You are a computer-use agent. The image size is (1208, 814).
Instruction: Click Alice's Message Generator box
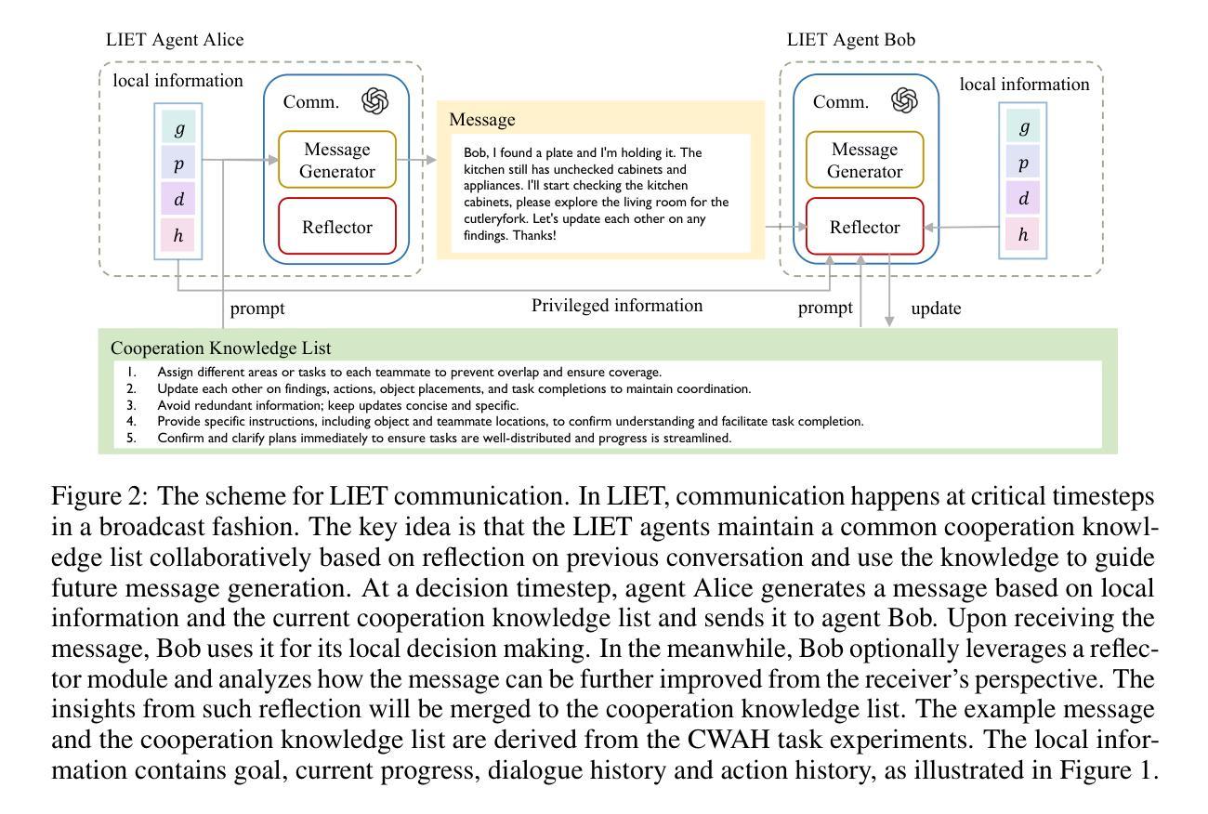337,160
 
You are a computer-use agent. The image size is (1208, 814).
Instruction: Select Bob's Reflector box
864,227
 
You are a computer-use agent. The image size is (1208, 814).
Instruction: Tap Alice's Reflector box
337,227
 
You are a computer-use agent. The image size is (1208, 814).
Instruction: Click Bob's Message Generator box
864,160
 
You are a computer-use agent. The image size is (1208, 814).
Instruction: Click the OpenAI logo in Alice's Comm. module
374,101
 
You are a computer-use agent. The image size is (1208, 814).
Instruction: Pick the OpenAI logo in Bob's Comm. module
904,100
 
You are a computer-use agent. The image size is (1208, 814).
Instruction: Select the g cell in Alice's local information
178,127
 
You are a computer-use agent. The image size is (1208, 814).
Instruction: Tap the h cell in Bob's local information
1023,233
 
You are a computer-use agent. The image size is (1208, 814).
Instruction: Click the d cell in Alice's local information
178,199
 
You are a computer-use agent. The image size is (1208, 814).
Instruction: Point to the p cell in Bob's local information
1023,162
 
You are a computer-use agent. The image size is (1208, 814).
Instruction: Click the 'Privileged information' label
617,306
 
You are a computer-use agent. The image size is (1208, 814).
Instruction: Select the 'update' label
937,309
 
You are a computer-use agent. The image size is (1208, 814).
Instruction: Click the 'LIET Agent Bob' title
851,39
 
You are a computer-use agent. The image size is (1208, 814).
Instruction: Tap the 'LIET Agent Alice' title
175,39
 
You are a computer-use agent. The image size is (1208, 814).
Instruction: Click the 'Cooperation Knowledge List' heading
220,348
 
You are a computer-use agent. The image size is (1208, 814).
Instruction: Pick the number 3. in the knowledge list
132,405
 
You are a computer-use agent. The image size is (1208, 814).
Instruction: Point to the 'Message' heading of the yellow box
482,119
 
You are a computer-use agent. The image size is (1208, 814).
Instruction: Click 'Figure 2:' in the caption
99,496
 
